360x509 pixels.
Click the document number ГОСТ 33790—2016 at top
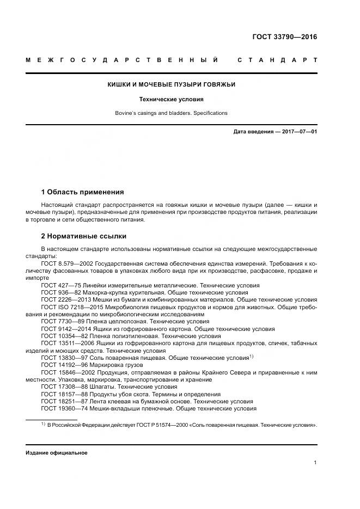click(x=285, y=37)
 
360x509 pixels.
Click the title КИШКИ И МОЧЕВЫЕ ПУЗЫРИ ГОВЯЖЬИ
click(x=171, y=84)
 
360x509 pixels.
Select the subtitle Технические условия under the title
click(x=171, y=100)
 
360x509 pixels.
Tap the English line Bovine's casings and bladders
click(x=171, y=113)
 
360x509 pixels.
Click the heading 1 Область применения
click(x=82, y=192)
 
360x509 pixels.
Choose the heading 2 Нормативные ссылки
click(x=83, y=236)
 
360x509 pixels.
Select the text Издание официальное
click(x=56, y=453)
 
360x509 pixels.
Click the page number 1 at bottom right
click(x=315, y=463)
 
